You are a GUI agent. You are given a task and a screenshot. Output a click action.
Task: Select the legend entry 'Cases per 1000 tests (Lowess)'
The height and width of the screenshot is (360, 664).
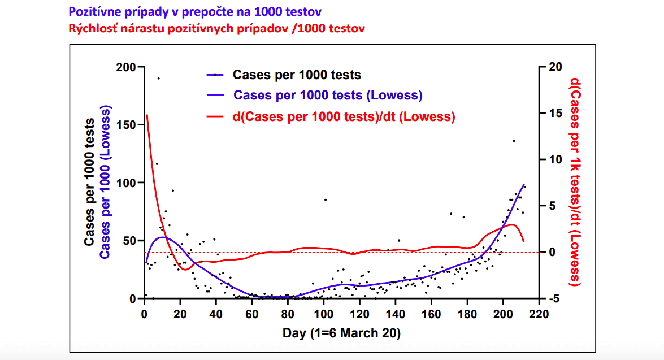point(328,95)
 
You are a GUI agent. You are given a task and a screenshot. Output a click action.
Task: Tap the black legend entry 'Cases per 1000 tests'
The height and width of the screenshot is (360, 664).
point(297,74)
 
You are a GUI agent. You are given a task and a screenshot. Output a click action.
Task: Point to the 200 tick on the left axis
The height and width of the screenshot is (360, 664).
point(125,67)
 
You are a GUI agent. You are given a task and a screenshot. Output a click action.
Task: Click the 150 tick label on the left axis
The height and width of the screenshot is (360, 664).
point(125,125)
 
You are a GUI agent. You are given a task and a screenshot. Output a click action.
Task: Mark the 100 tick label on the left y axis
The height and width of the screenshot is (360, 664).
point(125,183)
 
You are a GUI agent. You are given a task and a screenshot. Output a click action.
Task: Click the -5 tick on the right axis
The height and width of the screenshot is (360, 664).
point(554,298)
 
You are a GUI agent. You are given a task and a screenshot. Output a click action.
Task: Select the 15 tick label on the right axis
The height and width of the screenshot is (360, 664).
point(554,114)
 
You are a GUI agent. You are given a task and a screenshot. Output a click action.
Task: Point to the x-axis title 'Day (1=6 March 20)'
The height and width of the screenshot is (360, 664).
point(341,333)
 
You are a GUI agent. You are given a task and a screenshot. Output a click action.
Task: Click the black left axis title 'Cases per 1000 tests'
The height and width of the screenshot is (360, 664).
point(90,183)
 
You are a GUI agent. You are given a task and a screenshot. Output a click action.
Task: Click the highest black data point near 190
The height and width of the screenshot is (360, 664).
point(159,78)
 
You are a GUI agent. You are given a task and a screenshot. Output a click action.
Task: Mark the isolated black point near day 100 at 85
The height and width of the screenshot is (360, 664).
point(325,199)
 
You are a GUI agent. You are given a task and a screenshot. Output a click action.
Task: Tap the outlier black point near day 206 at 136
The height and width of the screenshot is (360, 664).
point(514,141)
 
